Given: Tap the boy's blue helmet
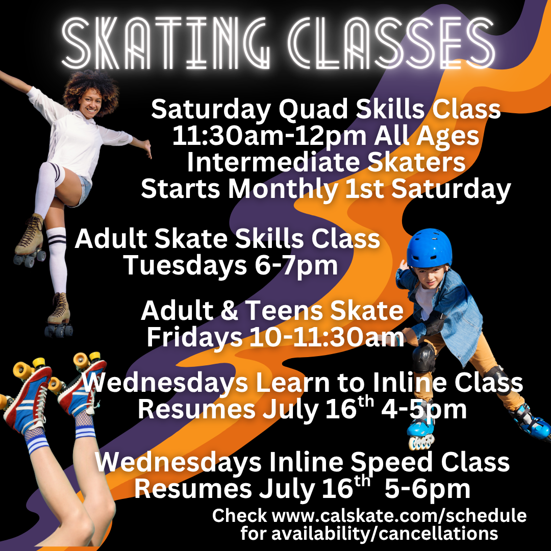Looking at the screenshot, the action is (x=429, y=248).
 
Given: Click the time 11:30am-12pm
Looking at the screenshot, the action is (x=269, y=136).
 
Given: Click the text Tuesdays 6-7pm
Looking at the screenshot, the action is (x=231, y=265).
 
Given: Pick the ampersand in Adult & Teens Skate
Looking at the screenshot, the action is (x=229, y=311).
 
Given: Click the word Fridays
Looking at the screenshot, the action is (x=194, y=338).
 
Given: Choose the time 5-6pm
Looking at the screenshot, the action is (x=428, y=489).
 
